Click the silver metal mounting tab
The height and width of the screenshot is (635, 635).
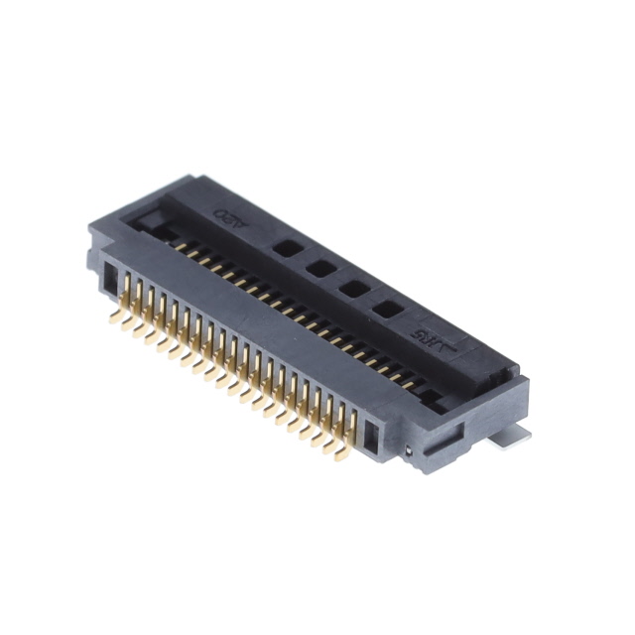[x=515, y=435]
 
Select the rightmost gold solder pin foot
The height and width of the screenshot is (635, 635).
[x=340, y=455]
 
